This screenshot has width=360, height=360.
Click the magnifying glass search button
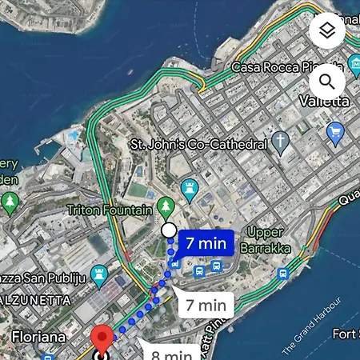[326, 81]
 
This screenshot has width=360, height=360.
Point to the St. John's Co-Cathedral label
[198, 145]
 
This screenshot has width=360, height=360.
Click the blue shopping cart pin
[335, 132]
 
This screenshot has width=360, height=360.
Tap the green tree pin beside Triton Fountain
[166, 206]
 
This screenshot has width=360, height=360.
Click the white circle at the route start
[169, 231]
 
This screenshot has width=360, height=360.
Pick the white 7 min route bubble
[206, 305]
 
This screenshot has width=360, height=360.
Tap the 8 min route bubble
[173, 353]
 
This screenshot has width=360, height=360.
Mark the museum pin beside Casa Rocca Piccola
[354, 66]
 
